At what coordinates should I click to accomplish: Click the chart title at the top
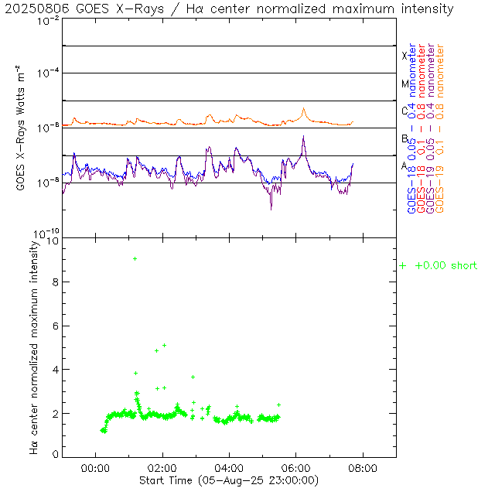click(230, 9)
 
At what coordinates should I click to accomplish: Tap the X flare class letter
click(404, 56)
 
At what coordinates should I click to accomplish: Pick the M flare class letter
click(404, 84)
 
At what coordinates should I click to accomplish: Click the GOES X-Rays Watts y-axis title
click(21, 128)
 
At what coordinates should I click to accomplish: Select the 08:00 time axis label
click(363, 468)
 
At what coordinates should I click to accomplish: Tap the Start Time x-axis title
click(229, 480)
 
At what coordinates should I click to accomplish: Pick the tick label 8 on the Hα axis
click(54, 283)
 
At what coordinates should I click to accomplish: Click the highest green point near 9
click(135, 258)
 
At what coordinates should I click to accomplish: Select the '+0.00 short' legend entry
click(439, 266)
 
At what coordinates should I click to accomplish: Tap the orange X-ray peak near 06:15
click(304, 110)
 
